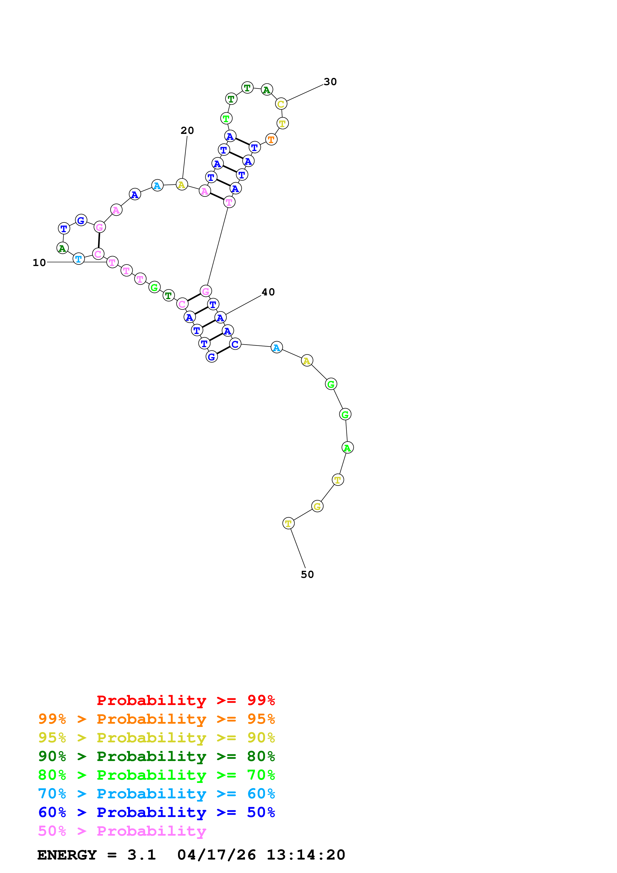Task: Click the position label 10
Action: click(39, 263)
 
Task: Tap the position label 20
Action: click(187, 130)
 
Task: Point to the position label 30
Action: click(330, 82)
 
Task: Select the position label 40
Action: click(268, 292)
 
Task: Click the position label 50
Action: click(307, 575)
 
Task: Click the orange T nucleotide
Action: click(271, 140)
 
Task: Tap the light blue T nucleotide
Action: click(78, 259)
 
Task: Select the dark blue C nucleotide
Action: click(235, 344)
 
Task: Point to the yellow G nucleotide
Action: click(317, 506)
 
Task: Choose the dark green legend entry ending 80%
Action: click(156, 757)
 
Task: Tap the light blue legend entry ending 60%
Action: click(156, 794)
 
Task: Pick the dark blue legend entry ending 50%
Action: click(156, 813)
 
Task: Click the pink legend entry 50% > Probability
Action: click(122, 831)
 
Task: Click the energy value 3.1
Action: click(141, 855)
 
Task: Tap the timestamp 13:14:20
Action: click(306, 855)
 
